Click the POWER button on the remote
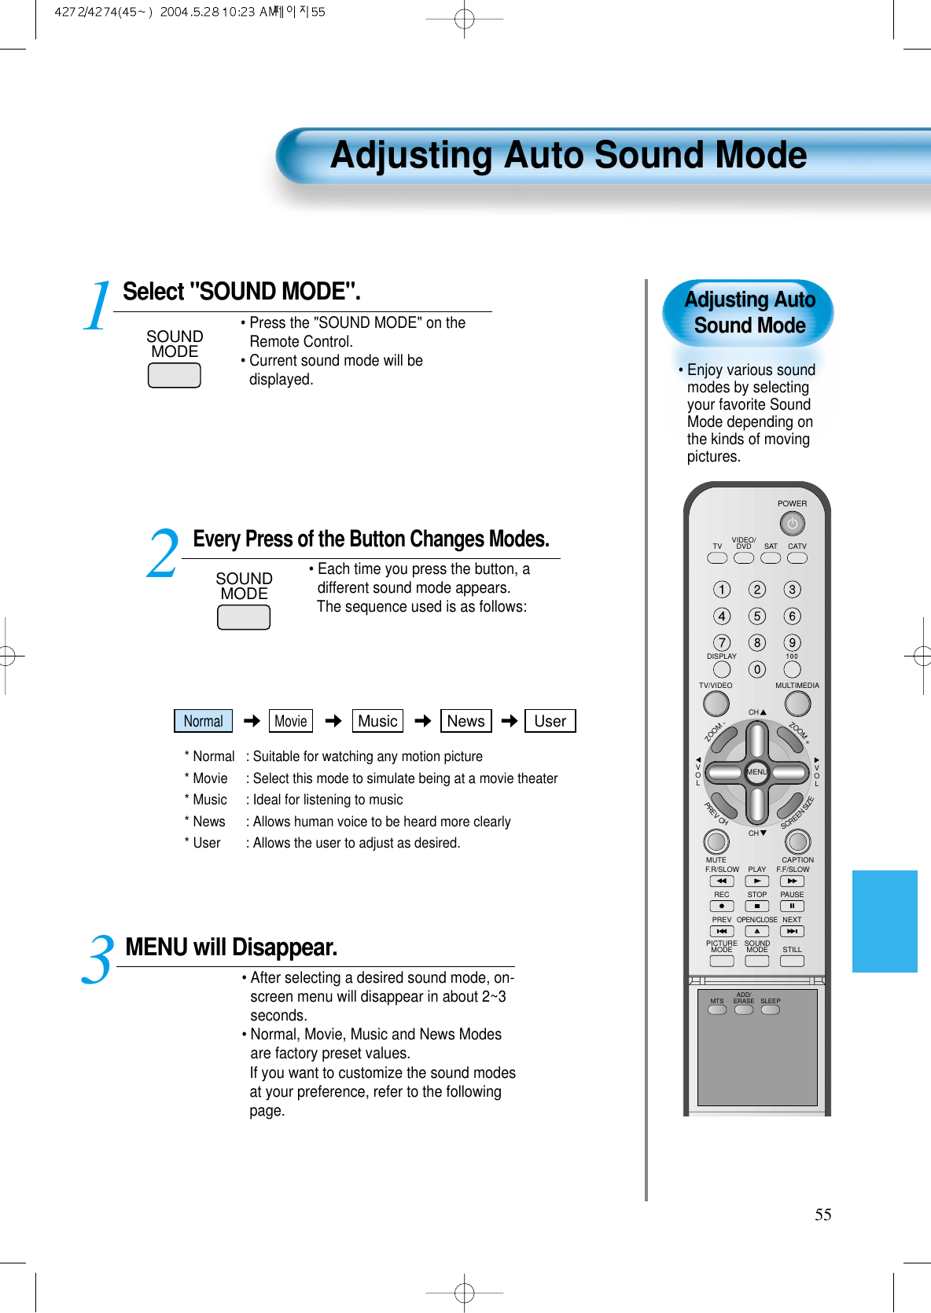coord(792,524)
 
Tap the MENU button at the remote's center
coord(756,772)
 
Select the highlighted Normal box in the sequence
coord(203,721)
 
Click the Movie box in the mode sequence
coord(291,721)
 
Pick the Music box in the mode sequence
coord(377,721)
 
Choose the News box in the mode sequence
coord(465,721)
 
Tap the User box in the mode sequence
coord(550,721)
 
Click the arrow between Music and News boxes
coord(423,721)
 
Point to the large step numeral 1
coord(98,307)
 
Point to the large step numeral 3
coord(99,961)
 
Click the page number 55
coord(822,1215)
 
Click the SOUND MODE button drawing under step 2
coord(244,617)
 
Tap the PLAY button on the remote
coord(756,881)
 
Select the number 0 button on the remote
coord(756,670)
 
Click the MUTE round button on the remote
coord(716,841)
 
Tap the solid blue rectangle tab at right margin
coord(885,921)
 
